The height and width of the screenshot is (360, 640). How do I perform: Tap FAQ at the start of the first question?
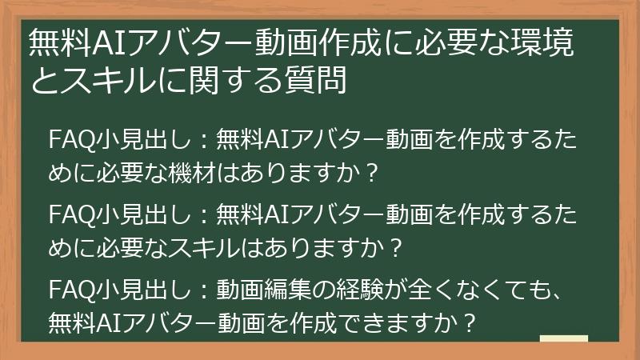point(67,141)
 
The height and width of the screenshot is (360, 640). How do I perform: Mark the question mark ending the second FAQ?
point(393,250)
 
